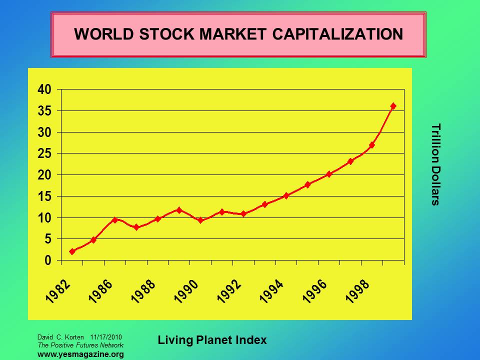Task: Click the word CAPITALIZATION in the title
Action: pos(334,34)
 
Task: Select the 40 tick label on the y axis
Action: pos(44,89)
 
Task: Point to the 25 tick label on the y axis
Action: pos(44,153)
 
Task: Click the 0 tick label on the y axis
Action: pos(48,260)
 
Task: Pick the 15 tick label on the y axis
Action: pos(44,196)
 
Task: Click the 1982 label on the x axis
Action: pos(58,291)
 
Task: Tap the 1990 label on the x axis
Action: pos(186,291)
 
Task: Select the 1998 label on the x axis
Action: pos(357,291)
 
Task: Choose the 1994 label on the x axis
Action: pos(272,291)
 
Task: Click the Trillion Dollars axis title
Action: pos(435,164)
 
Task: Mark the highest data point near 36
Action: pos(393,106)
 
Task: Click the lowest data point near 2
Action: pos(72,251)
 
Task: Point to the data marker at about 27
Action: pos(372,145)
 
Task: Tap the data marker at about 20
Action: pos(329,174)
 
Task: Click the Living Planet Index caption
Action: pos(212,340)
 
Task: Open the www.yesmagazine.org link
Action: pos(80,354)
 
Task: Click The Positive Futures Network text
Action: pos(80,345)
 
